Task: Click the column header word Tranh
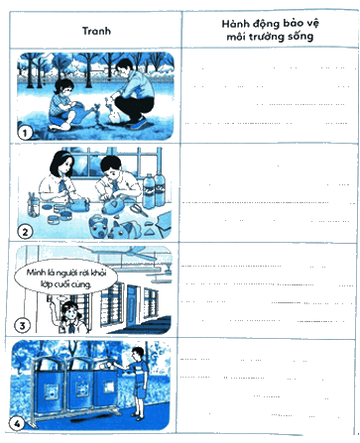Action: click(96, 31)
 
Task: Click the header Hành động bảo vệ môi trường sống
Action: click(270, 30)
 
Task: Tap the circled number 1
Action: click(25, 133)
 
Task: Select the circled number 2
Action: click(25, 232)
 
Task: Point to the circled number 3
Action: click(22, 325)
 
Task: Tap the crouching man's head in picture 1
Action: click(123, 68)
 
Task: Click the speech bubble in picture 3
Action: click(65, 277)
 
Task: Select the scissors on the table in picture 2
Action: click(139, 209)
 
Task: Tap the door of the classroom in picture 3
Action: click(132, 304)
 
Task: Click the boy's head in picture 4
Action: click(138, 355)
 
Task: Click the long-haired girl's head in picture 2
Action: click(62, 164)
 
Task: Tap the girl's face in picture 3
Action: click(68, 312)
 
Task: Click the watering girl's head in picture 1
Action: click(63, 88)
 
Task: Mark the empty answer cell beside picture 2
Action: click(268, 192)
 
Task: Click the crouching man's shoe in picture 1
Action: click(138, 124)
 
